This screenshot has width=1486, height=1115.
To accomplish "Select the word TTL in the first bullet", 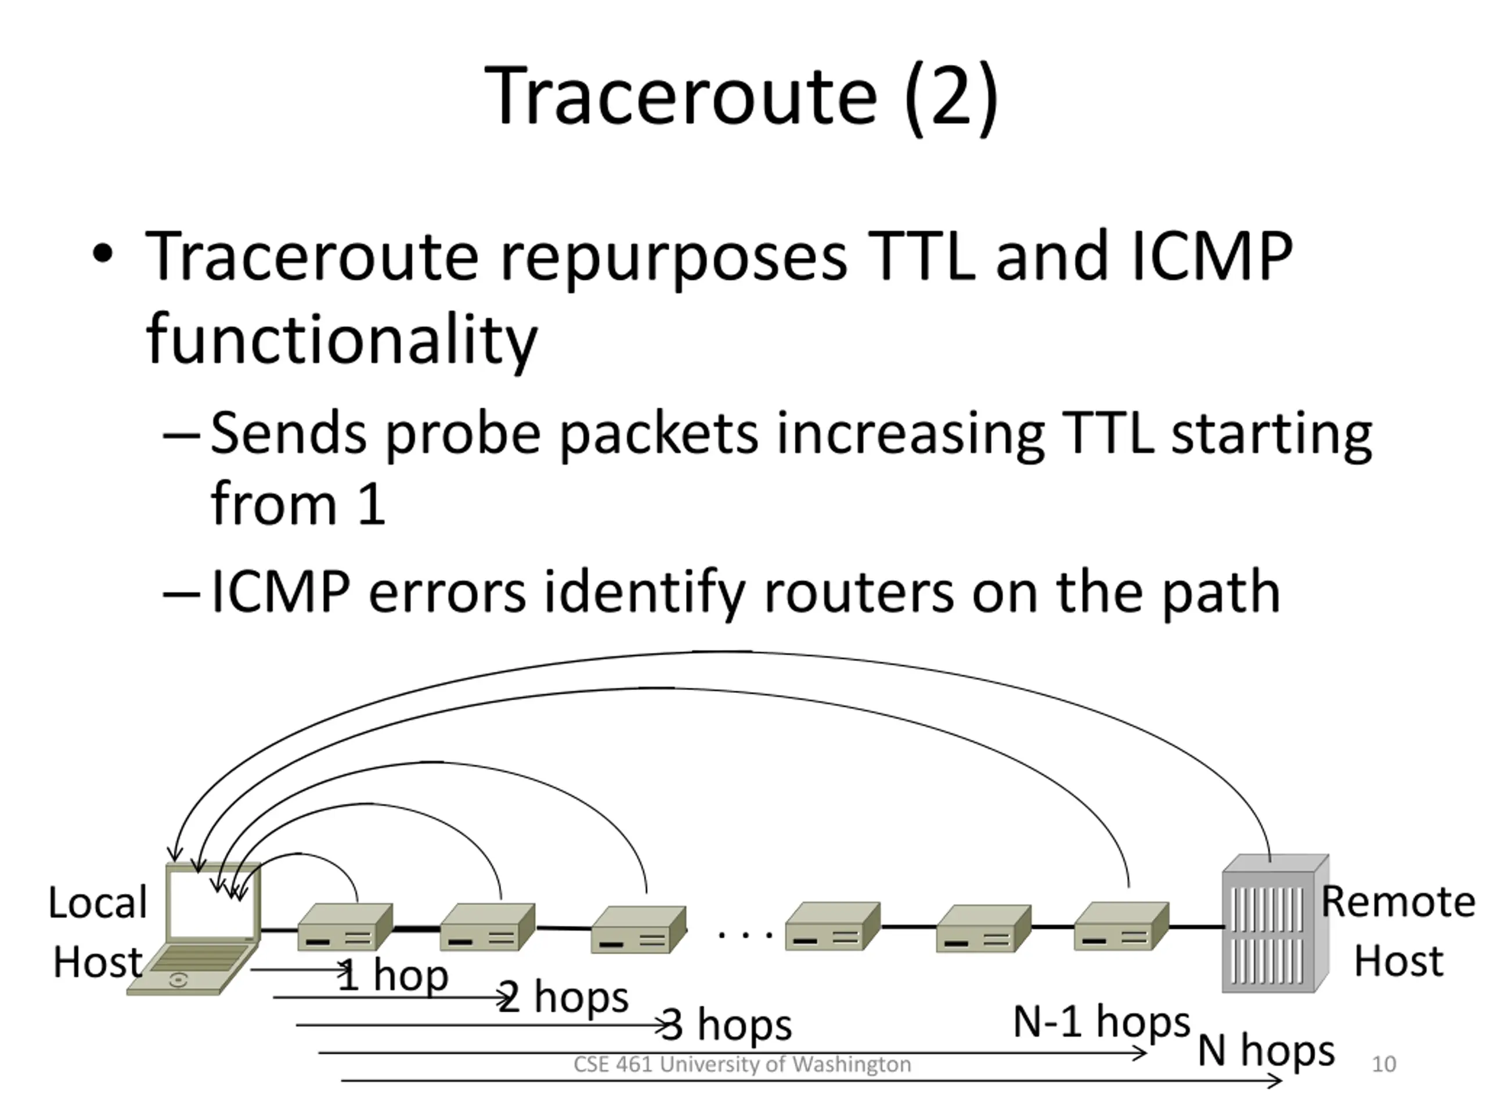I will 921,257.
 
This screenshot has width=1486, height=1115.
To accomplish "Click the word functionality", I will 341,339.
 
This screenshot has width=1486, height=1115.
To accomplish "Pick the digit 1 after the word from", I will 371,504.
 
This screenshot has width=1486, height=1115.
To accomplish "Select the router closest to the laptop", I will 345,927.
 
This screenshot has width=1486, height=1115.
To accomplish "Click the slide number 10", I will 1383,1064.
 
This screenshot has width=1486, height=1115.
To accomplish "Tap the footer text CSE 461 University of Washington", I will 742,1064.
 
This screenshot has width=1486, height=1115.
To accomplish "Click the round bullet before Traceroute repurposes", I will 102,256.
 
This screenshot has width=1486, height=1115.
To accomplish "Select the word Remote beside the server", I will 1398,902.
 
